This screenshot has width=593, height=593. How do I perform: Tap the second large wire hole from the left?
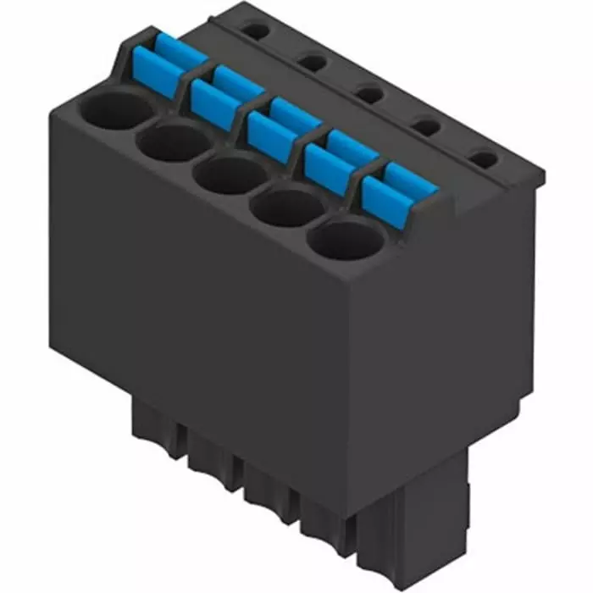(x=172, y=141)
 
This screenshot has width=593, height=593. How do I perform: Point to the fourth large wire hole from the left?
(x=285, y=207)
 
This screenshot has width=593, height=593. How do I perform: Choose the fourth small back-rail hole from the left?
(x=426, y=127)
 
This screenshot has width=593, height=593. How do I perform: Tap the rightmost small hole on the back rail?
(x=482, y=158)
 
